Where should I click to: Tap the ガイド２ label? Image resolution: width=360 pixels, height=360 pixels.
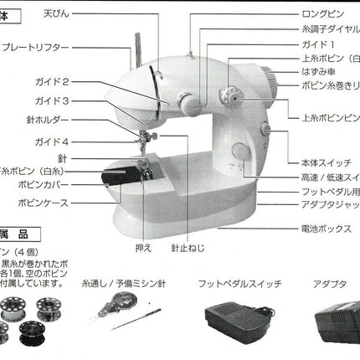coord(76,82)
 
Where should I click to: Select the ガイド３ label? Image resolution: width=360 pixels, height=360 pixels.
coord(76,101)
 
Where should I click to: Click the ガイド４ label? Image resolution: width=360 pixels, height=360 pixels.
coord(76,141)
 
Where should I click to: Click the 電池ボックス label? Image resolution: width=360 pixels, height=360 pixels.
coord(326,229)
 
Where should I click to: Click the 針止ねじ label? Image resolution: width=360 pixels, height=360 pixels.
coord(185,249)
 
